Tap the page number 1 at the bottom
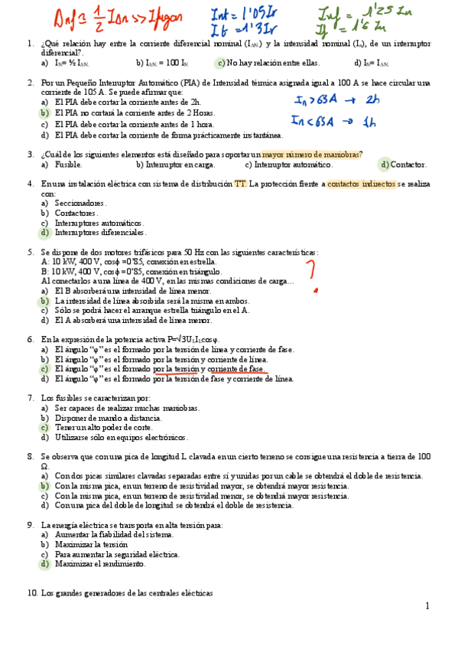[x=428, y=605]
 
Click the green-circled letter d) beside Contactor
[x=384, y=165]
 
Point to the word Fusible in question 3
[x=69, y=165]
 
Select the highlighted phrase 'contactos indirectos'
[x=362, y=184]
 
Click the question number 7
[x=30, y=398]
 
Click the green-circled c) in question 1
[x=220, y=64]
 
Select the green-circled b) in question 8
[x=44, y=485]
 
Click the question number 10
[x=32, y=593]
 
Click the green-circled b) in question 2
[x=44, y=113]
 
